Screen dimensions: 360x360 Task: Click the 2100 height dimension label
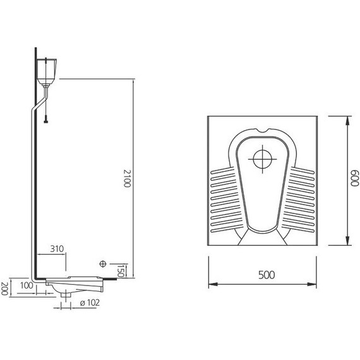click(127, 178)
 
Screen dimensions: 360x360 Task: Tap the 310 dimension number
click(57, 249)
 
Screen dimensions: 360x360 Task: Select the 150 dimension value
click(121, 271)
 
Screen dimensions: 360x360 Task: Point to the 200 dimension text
click(4, 289)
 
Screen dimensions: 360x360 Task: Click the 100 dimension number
click(27, 285)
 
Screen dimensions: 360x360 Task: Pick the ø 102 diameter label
click(90, 303)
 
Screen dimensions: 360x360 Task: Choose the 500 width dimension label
click(267, 275)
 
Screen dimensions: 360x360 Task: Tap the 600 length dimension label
click(355, 178)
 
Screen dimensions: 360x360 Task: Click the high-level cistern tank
click(47, 71)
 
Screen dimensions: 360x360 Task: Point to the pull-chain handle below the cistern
click(46, 119)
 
